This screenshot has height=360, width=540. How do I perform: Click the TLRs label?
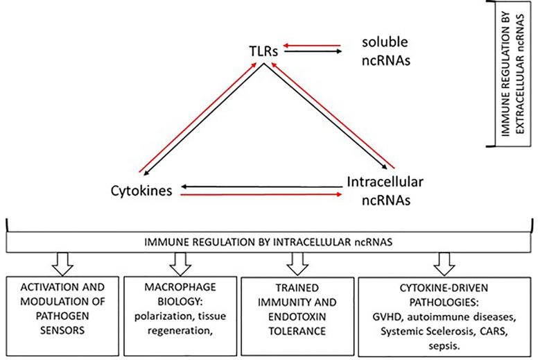263,51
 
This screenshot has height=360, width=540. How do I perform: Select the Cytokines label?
141,191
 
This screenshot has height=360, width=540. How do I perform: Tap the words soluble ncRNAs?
385,51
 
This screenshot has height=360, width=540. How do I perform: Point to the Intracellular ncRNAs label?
385,191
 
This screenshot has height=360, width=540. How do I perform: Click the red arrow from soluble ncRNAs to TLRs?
312,46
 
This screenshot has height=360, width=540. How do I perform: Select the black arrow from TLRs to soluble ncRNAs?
313,51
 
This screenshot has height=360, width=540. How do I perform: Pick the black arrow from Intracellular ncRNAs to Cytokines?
262,187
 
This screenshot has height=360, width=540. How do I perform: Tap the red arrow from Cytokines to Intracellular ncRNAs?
261,195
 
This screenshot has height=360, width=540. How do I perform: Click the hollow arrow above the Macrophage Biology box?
180,264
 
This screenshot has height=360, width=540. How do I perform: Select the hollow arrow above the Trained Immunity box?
297,264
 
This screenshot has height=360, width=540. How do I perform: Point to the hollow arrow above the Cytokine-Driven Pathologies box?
444,264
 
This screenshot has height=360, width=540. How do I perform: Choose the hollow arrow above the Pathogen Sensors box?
62,264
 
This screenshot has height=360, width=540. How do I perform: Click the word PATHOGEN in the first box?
62,316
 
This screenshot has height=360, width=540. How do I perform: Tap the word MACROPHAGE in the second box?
180,287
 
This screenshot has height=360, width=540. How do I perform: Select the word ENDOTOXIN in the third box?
297,316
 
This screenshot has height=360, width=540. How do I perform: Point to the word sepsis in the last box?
444,345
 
